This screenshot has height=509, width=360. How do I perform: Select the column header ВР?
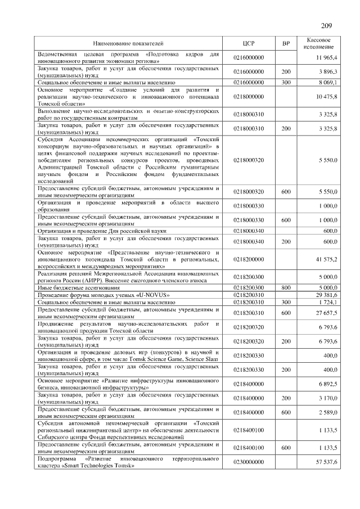click(286, 43)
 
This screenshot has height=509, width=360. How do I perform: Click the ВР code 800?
click(286, 287)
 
